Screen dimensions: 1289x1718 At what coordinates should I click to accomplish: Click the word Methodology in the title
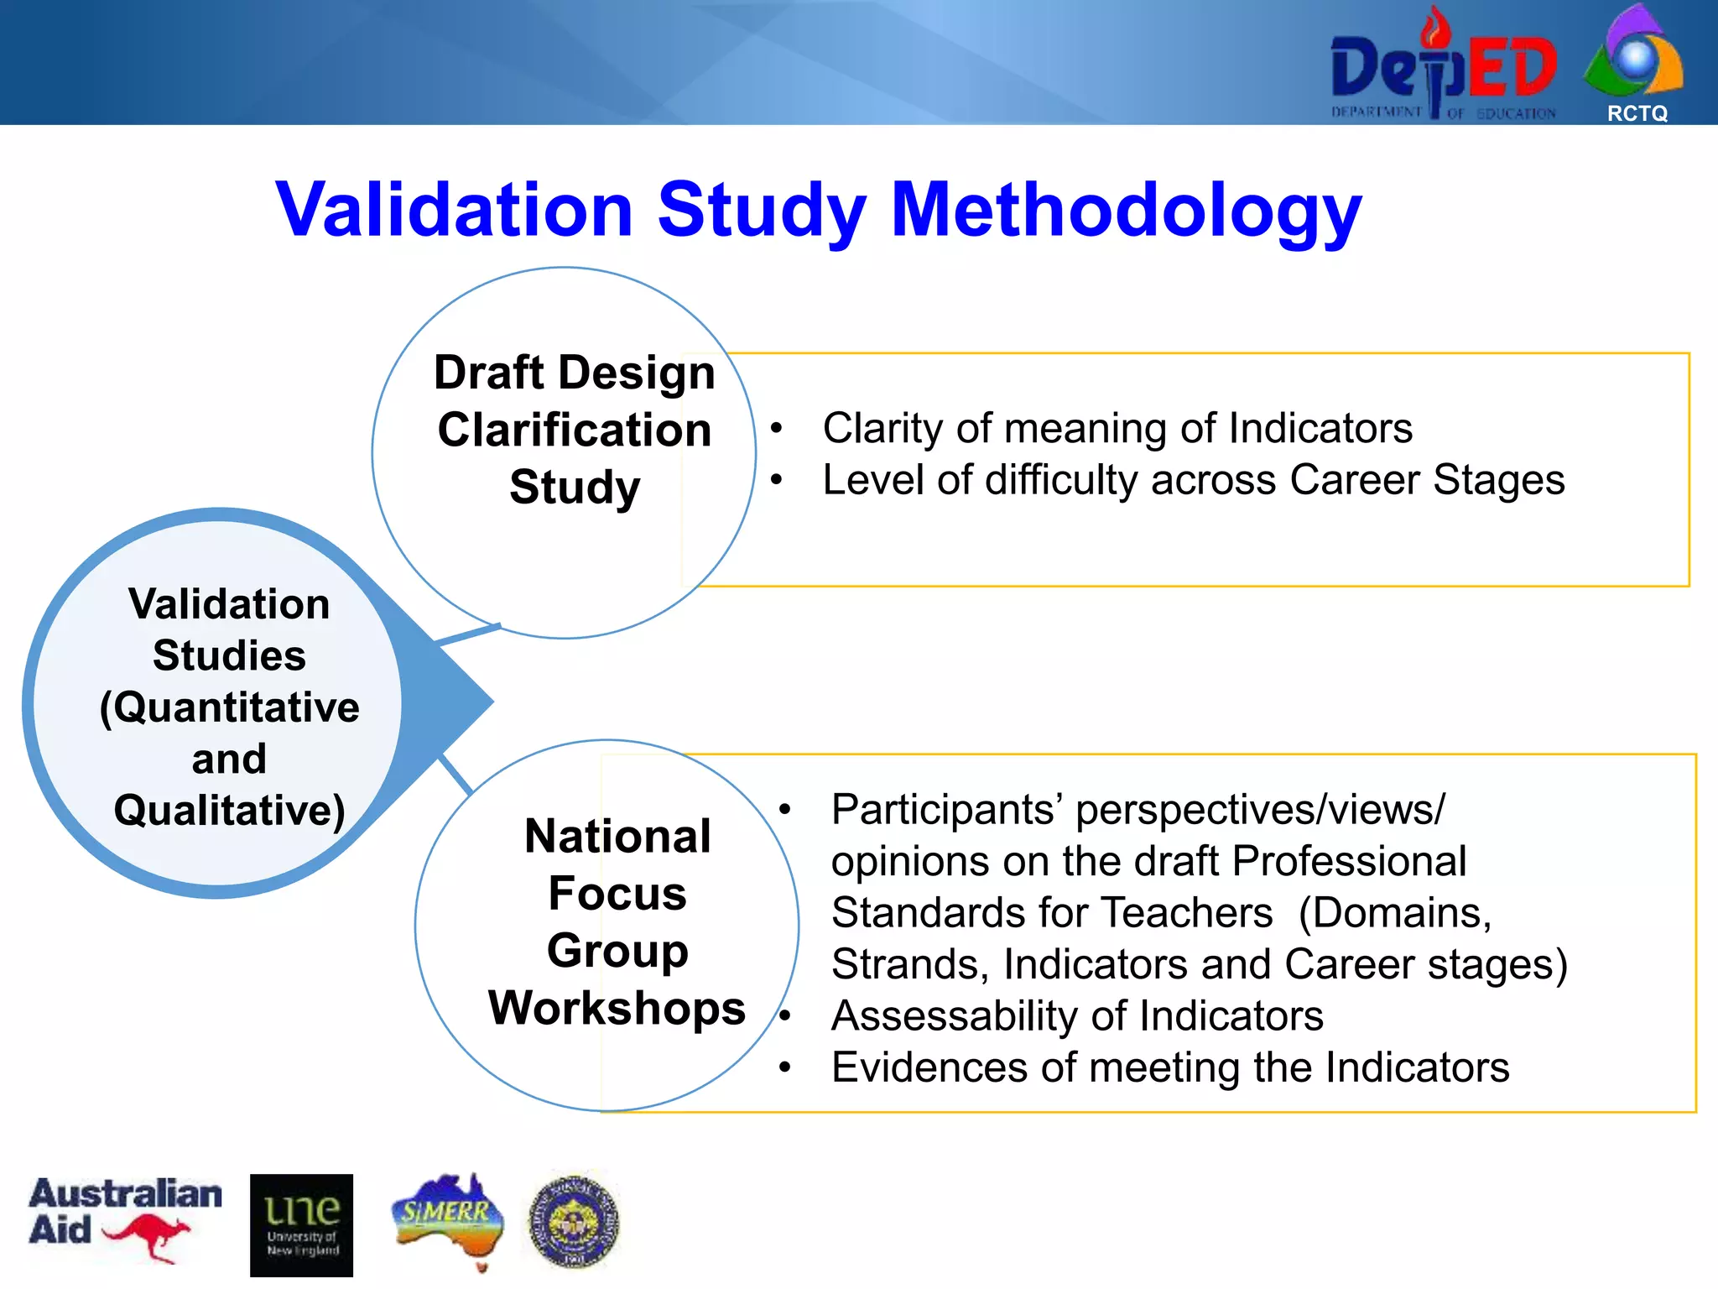1126,210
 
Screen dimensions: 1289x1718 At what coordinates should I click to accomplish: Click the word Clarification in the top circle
575,430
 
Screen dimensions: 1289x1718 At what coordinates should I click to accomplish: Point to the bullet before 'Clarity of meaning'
777,429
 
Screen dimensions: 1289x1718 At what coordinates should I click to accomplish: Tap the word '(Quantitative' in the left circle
229,707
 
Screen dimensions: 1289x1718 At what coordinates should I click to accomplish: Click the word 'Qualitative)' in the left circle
229,810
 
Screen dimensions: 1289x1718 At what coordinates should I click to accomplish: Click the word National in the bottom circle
617,836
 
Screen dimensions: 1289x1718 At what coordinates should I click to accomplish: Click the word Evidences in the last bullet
929,1067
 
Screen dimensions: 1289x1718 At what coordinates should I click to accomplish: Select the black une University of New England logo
301,1224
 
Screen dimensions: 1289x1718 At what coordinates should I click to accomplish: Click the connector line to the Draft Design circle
468,635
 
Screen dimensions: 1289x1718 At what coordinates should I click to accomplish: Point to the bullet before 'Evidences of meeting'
785,1067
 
